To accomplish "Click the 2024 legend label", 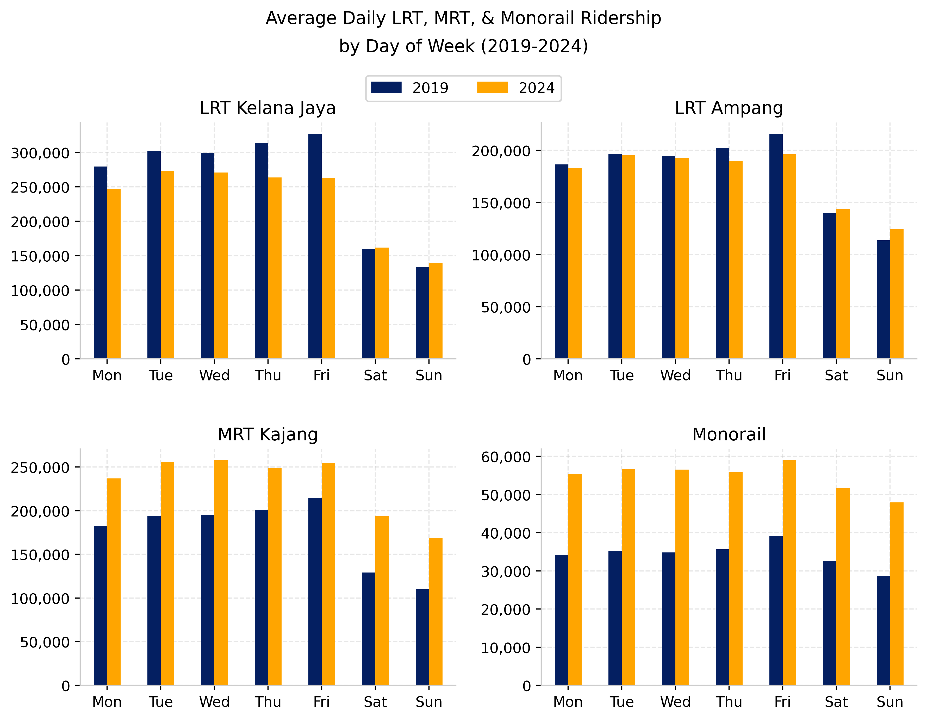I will click(537, 88).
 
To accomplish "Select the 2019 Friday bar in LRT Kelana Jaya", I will click(315, 246).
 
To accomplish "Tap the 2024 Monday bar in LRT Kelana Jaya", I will click(114, 274).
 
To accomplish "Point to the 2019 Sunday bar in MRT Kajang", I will click(422, 637).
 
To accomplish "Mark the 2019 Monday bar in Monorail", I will click(561, 620).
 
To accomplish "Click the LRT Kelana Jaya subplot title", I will click(267, 108).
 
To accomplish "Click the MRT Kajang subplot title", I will click(267, 434).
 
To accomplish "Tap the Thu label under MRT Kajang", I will click(268, 702).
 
